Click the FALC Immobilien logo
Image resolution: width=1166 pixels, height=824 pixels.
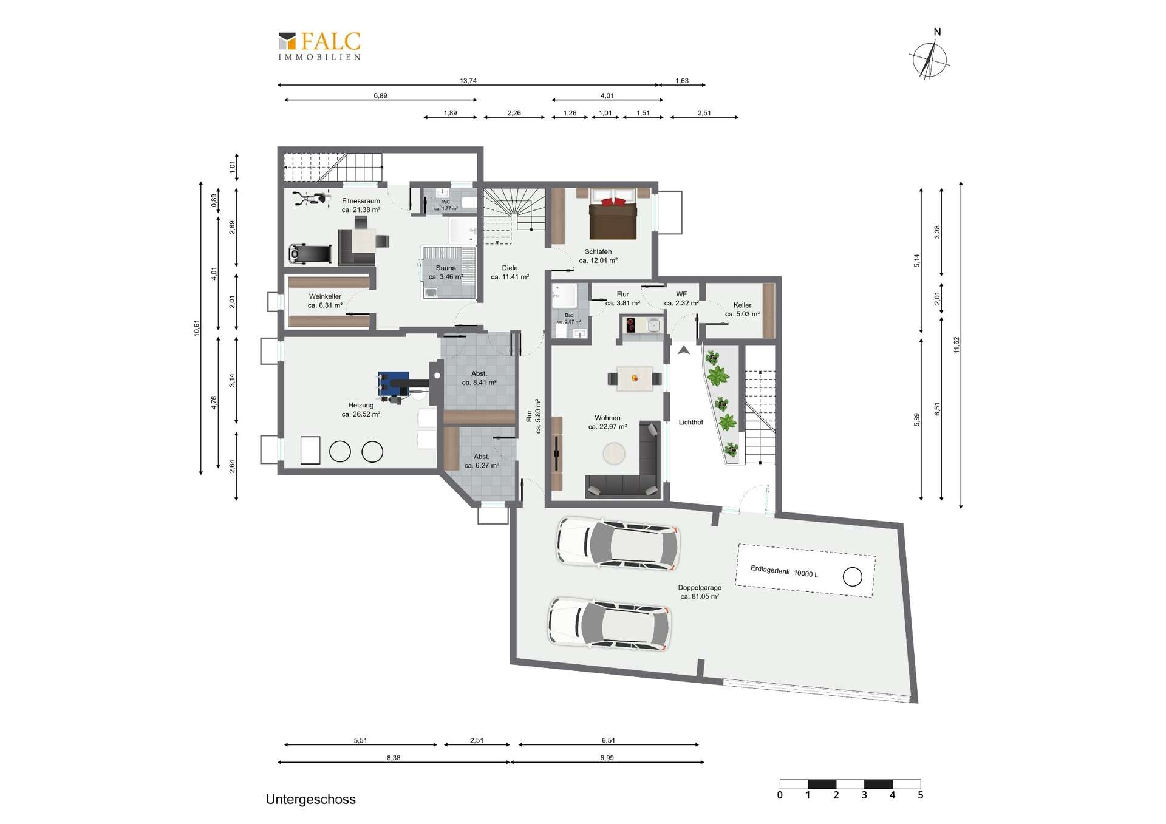[319, 46]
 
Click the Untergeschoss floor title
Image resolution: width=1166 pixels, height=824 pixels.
[310, 799]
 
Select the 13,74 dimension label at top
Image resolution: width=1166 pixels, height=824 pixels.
[468, 81]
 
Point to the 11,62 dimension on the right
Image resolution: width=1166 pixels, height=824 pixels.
[956, 344]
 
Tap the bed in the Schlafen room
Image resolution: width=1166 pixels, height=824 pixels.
[613, 214]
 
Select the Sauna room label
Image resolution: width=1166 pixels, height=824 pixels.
[446, 268]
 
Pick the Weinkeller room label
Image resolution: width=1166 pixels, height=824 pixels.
[325, 296]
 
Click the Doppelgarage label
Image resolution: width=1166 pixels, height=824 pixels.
[700, 588]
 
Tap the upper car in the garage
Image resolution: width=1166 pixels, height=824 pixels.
[618, 543]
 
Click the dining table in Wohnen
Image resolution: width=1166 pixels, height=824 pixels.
[635, 378]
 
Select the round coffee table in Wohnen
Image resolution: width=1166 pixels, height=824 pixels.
[614, 453]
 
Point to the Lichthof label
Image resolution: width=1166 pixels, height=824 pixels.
[691, 422]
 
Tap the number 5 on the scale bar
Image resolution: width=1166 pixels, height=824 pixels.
[921, 795]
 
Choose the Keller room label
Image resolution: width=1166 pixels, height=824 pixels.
[742, 305]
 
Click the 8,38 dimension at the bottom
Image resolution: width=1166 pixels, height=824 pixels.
[393, 758]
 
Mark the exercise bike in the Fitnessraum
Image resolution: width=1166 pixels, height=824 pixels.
[312, 198]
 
